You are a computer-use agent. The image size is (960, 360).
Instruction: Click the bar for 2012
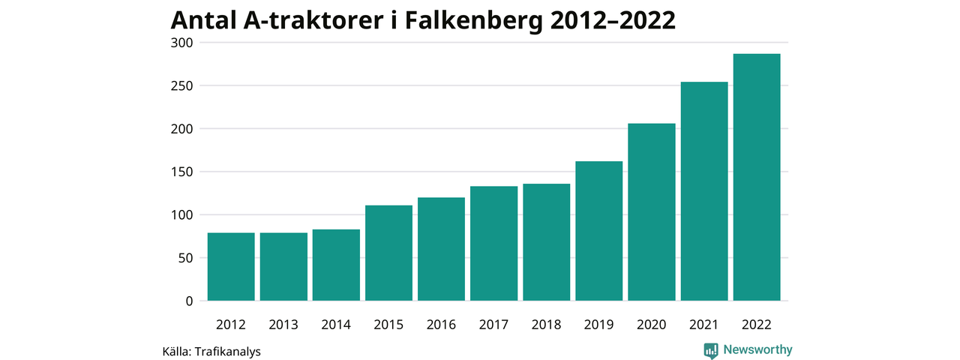point(231,267)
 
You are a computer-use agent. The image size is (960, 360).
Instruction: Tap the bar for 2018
point(546,242)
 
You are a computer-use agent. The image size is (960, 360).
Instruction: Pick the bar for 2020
point(651,212)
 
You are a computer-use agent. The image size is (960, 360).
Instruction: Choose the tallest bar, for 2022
point(756,178)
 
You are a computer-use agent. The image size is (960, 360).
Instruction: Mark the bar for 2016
point(441,250)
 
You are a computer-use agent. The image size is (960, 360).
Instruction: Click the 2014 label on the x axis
point(336,325)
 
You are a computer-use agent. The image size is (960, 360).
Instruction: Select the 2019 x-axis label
point(598,325)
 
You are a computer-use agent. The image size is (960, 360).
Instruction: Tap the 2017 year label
point(493,325)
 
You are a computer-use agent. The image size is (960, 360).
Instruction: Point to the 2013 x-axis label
point(283,325)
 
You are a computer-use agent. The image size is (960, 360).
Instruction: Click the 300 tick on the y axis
point(183,43)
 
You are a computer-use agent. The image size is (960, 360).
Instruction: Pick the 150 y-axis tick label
point(183,172)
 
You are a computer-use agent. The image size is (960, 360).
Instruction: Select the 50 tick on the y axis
point(187,258)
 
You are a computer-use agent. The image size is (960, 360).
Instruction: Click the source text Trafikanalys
point(227,350)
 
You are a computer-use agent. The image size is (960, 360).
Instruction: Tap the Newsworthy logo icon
point(711,350)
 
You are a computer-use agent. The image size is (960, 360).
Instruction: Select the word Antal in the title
point(203,20)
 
